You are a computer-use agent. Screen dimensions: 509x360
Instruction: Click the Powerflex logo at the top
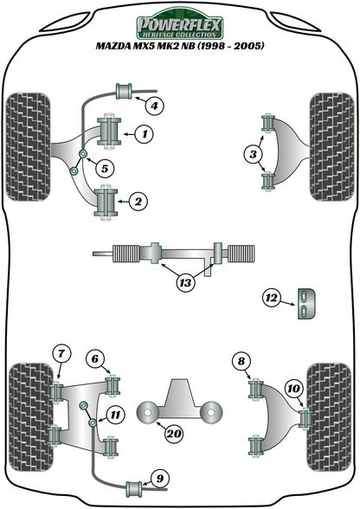179,21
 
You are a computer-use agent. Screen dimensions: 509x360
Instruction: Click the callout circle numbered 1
144,133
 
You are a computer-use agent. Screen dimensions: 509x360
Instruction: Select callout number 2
137,202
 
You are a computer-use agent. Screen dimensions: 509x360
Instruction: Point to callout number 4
153,106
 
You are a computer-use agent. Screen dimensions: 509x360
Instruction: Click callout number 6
94,357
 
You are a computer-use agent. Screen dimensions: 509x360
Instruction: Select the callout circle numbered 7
61,352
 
